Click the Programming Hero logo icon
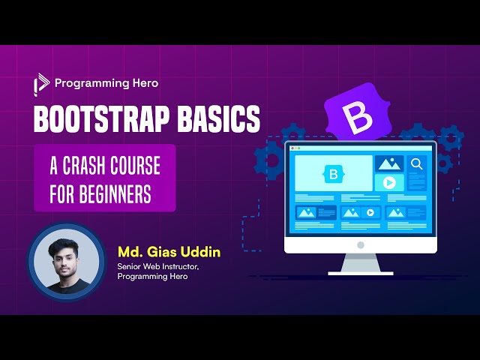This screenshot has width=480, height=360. [x=40, y=85]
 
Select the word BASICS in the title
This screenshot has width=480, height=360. [x=220, y=119]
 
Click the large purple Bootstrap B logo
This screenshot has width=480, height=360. [x=352, y=119]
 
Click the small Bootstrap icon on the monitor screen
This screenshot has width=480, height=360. [x=333, y=174]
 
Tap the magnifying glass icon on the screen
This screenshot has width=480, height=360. [x=417, y=163]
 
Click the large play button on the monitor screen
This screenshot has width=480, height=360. [x=389, y=182]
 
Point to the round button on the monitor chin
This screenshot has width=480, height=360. [x=360, y=244]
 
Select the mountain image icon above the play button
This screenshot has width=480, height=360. [x=389, y=163]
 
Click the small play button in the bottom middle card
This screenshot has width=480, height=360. [x=370, y=213]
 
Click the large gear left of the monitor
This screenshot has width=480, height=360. [x=268, y=160]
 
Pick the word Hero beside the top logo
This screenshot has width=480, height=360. [x=143, y=84]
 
